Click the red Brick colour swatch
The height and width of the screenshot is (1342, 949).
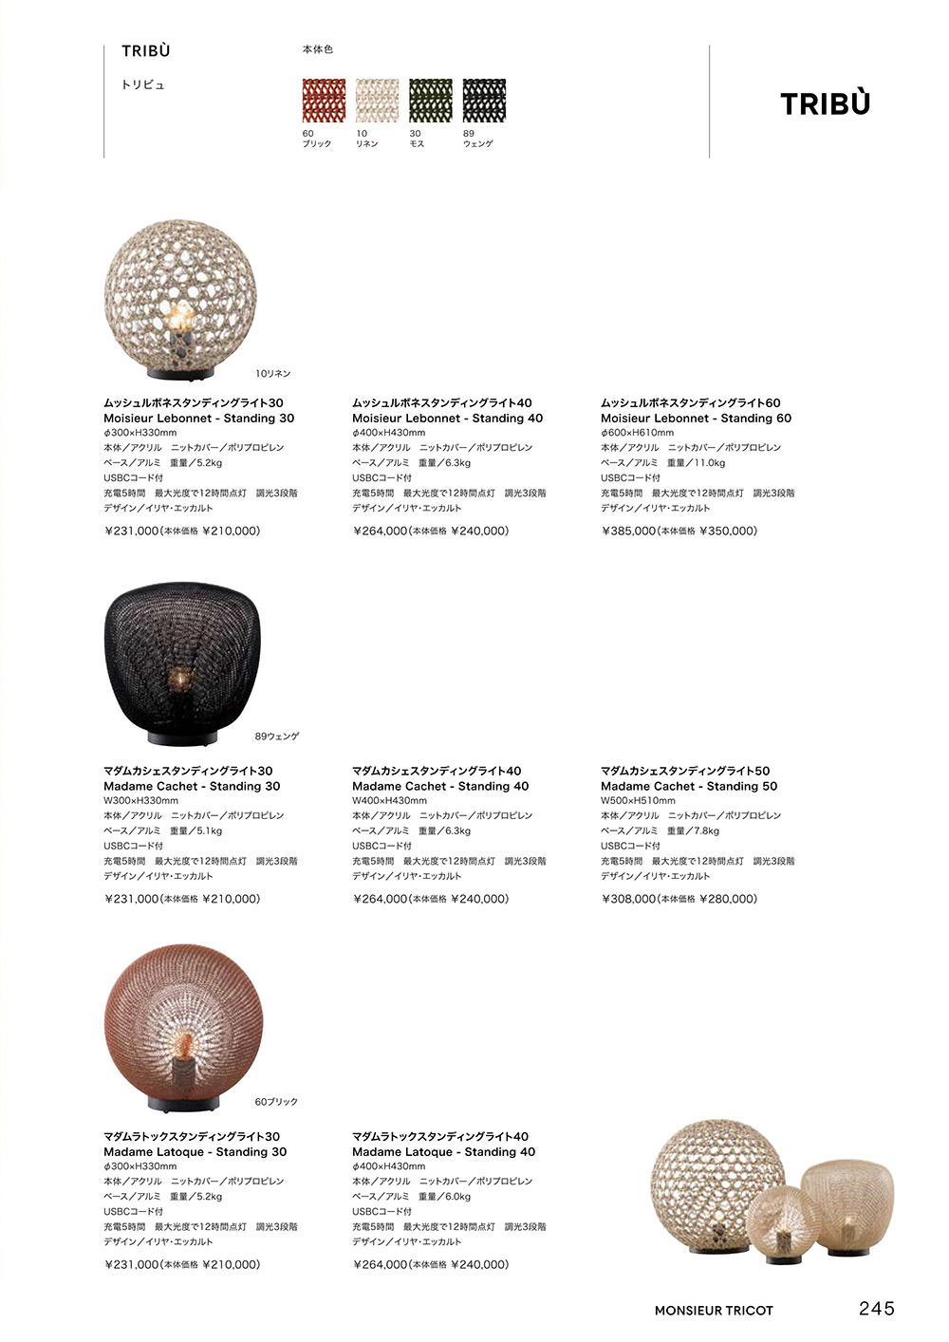click(324, 101)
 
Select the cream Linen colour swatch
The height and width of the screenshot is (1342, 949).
click(377, 101)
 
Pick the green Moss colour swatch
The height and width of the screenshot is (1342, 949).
click(430, 101)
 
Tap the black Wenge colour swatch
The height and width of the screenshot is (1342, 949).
click(484, 101)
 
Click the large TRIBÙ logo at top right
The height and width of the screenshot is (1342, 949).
click(825, 103)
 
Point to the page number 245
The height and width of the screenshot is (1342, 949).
click(876, 1309)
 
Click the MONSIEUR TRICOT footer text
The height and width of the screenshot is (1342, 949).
click(714, 1311)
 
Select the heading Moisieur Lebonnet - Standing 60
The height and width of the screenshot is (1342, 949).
click(696, 419)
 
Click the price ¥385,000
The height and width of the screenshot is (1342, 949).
click(629, 531)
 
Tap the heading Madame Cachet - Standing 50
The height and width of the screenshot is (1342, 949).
click(689, 787)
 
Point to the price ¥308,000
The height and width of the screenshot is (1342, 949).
click(629, 900)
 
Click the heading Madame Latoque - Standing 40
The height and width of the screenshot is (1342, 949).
click(443, 1152)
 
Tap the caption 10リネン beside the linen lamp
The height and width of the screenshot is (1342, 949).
click(273, 374)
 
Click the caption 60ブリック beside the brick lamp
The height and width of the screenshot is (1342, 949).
click(276, 1102)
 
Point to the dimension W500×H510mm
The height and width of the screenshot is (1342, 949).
click(638, 801)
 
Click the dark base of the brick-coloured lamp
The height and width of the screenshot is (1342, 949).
click(183, 1104)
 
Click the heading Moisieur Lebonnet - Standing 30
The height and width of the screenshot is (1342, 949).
click(199, 419)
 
